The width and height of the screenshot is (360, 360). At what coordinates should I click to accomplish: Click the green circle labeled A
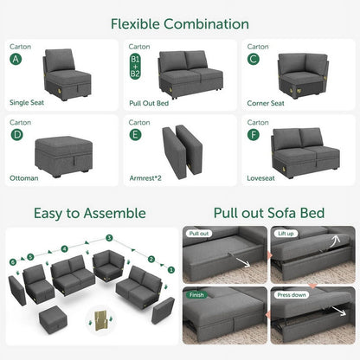click(x=16, y=59)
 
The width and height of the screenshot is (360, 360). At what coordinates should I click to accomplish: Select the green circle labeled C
click(x=254, y=59)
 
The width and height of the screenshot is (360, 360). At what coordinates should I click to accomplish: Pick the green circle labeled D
click(x=16, y=135)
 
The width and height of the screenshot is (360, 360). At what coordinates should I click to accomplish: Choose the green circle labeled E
click(x=135, y=135)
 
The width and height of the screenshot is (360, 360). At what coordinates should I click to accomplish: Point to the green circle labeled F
click(x=254, y=135)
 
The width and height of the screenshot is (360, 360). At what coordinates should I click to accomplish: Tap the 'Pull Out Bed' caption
click(x=150, y=102)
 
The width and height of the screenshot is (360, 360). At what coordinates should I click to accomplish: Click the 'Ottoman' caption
click(x=23, y=178)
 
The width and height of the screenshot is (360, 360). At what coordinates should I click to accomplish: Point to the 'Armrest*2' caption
click(x=146, y=178)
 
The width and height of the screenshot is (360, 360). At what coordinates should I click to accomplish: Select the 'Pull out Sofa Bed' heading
click(x=269, y=213)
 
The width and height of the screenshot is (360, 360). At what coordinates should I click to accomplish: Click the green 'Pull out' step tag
click(x=198, y=234)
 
